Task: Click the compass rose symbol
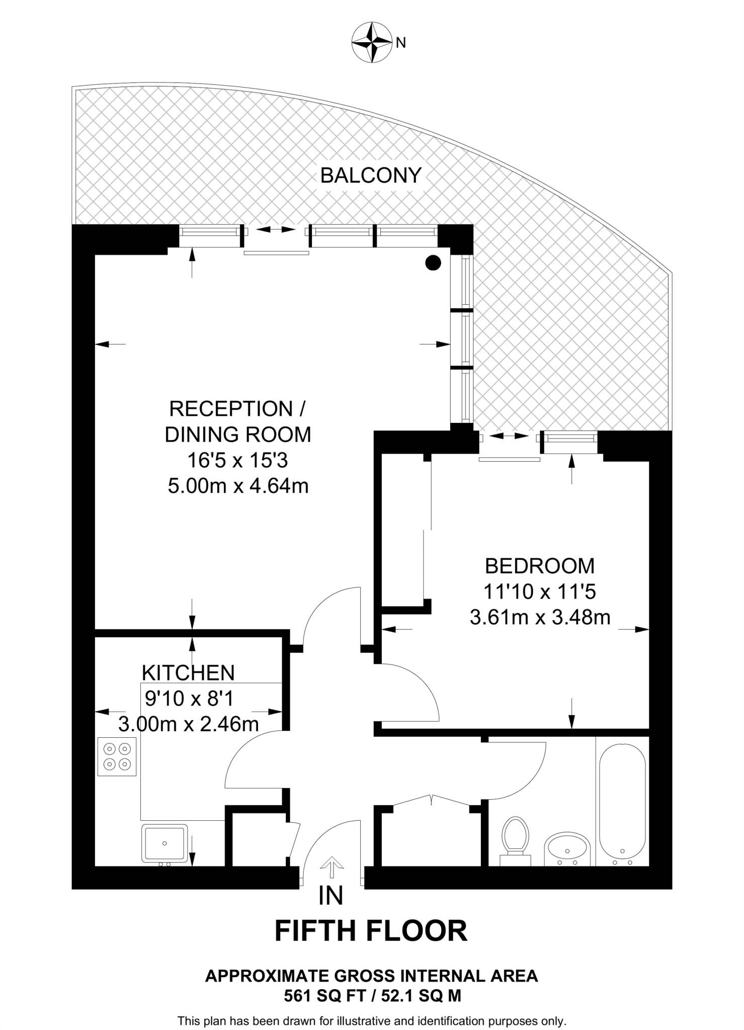pos(371,42)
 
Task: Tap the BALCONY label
pos(371,176)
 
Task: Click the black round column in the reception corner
pos(433,263)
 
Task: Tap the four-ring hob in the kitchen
pos(117,756)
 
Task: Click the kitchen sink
pos(164,842)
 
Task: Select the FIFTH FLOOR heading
pos(371,931)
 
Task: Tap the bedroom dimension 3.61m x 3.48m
pos(540,617)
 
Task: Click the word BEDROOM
pos(540,566)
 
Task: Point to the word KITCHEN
pos(188,673)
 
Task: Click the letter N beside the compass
pos(401,43)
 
